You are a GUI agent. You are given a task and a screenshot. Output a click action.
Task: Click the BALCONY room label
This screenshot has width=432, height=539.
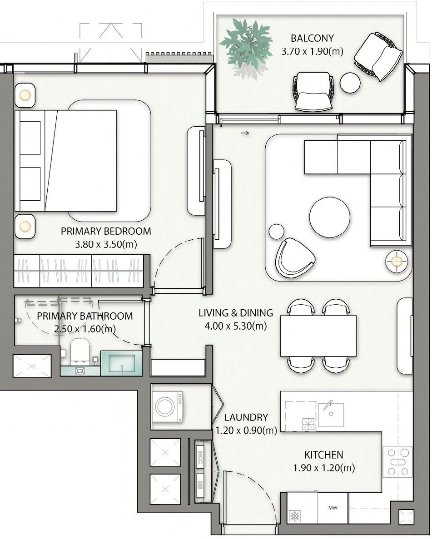coord(312,38)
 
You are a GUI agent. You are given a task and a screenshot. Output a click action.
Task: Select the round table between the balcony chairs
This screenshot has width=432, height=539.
coord(350,83)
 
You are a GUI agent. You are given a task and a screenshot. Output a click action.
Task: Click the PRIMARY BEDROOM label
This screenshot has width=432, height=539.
coord(106,231)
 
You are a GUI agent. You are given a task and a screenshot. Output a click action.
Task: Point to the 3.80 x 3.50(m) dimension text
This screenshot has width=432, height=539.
coord(106,244)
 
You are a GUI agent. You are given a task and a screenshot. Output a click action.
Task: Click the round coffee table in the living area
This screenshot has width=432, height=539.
coord(329,217)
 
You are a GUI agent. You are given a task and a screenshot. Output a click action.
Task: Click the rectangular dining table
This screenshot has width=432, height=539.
coord(318,336)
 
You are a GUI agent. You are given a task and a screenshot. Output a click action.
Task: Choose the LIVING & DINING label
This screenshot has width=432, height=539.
coord(236,313)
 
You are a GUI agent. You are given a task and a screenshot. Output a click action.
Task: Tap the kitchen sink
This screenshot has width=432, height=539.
coord(331,414)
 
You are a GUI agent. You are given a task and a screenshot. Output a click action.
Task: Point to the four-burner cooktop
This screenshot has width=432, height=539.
coord(397,462)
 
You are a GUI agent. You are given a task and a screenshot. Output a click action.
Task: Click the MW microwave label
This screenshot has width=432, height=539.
coord(333,508)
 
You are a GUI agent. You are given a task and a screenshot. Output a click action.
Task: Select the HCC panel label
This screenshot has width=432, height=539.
coord(200,458)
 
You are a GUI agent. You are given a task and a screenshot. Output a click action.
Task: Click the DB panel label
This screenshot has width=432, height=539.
coord(200,485)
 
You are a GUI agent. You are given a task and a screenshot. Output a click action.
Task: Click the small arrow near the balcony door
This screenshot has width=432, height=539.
coord(244,133)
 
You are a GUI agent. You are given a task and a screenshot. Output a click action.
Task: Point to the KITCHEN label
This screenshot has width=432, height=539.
coord(323,455)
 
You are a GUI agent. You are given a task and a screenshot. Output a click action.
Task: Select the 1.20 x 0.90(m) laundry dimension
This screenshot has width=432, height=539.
coord(246,430)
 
